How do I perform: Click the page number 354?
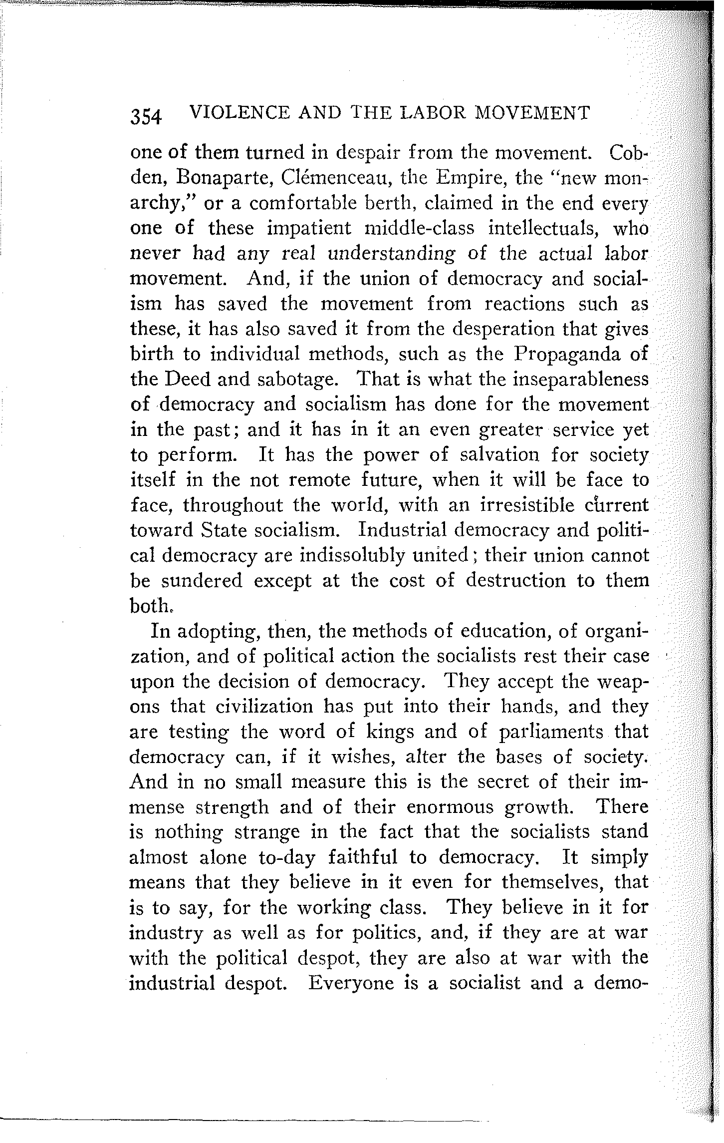coord(146,117)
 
